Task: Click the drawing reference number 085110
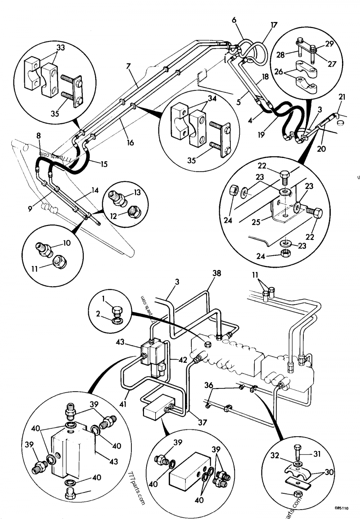click(342, 508)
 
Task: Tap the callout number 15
click(104, 165)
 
